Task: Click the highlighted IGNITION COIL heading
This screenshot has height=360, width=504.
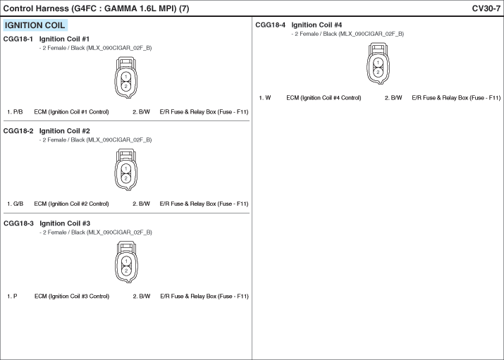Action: pos(35,25)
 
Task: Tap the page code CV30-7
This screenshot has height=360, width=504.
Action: pos(486,8)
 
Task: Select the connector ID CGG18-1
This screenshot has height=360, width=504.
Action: pos(18,39)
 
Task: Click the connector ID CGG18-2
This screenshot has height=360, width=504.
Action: pos(18,131)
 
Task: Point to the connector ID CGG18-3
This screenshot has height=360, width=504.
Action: pos(18,223)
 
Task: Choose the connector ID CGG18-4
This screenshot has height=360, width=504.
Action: pos(270,25)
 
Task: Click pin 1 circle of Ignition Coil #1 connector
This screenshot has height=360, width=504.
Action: pos(126,77)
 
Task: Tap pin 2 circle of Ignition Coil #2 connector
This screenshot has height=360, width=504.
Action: pos(126,178)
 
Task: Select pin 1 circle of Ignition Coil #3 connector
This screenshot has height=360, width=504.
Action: pos(126,261)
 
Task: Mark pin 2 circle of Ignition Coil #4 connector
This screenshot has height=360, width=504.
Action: pos(378,73)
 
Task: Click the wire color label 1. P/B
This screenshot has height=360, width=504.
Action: pos(15,112)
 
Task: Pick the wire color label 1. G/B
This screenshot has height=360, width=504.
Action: pos(15,204)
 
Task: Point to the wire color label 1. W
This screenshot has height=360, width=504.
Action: pos(265,98)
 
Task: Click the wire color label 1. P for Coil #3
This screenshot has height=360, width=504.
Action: pos(12,297)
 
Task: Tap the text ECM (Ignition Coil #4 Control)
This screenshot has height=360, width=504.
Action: pos(324,98)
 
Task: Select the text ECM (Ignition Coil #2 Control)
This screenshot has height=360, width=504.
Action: pos(71,204)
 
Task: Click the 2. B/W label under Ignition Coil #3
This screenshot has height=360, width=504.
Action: pos(142,297)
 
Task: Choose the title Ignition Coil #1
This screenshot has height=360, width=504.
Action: pos(64,39)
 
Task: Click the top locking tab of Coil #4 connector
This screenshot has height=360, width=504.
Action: pos(378,48)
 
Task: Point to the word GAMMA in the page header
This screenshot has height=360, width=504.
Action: pos(121,8)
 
